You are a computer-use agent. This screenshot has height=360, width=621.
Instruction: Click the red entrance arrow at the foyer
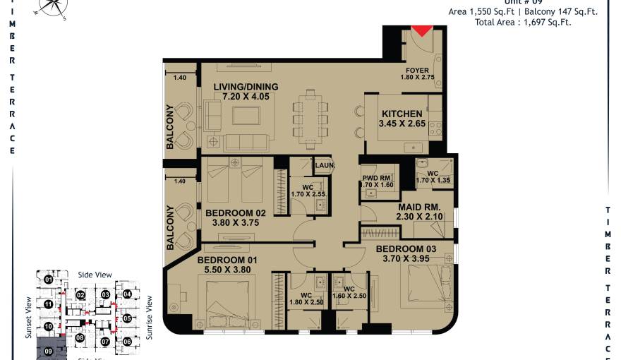tap(421, 30)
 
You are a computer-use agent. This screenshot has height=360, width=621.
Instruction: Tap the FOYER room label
tap(417, 71)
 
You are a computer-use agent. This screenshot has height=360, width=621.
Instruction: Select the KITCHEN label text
tap(402, 114)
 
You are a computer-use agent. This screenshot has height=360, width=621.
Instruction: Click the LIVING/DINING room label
tap(246, 87)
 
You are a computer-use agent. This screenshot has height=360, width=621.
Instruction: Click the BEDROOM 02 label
tap(236, 212)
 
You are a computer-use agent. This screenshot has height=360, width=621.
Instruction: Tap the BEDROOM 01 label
tap(227, 260)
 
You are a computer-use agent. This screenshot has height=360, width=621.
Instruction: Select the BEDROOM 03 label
tap(406, 249)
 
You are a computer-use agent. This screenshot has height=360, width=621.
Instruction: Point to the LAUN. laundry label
tap(324, 166)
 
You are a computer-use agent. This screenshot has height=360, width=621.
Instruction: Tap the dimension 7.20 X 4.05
tap(246, 96)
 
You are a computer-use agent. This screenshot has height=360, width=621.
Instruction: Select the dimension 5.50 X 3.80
tap(227, 269)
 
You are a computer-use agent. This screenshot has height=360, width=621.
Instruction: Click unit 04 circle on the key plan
tap(127, 294)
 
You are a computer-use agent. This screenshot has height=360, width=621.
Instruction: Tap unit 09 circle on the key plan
tap(49, 350)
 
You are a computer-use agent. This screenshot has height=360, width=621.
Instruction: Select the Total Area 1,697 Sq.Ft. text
tap(523, 23)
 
